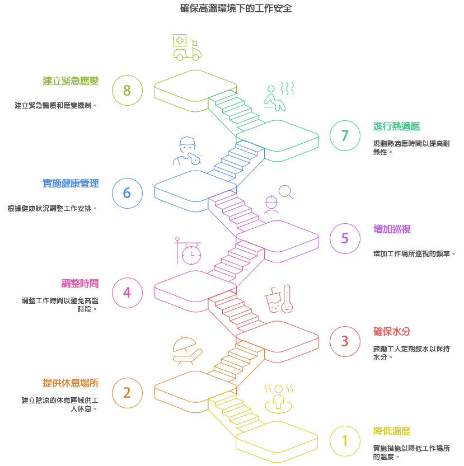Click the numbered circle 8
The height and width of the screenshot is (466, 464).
127,90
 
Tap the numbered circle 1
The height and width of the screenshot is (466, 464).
345,441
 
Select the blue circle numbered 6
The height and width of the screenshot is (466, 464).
127,193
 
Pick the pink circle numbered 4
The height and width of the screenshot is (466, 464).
127,292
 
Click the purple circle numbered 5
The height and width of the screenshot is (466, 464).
345,238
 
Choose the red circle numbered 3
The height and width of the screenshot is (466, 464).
345,341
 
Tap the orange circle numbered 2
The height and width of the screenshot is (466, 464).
127,392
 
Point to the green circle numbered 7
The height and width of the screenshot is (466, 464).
345,135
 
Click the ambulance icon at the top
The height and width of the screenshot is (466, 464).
186,47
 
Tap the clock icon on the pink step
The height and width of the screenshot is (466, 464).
190,253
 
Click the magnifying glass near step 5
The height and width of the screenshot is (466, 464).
286,192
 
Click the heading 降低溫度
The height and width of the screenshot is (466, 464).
392,431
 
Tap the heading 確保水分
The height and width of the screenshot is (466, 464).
392,331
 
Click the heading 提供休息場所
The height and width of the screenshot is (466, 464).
71,383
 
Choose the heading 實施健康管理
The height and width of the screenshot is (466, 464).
71,183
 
